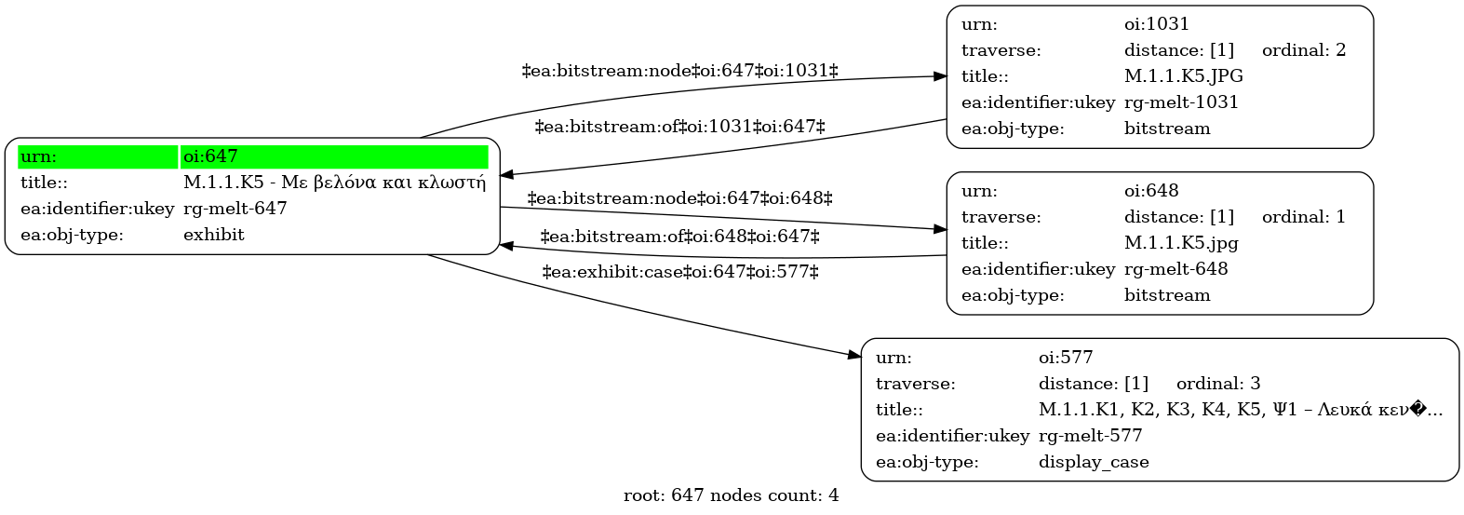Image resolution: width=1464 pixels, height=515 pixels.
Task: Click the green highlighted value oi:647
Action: (x=210, y=156)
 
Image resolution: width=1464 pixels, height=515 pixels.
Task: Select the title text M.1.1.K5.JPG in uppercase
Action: (x=1184, y=76)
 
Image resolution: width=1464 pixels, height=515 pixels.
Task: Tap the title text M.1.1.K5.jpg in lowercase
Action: (x=1181, y=243)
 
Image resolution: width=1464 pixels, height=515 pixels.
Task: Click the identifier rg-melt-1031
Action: (x=1181, y=102)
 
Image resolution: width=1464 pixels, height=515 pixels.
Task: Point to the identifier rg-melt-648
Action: (x=1175, y=269)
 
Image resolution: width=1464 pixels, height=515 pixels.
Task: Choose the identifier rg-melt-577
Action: (x=1090, y=436)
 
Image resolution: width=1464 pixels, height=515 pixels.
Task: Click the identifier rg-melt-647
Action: (x=235, y=209)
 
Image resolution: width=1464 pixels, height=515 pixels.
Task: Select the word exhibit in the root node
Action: (x=214, y=235)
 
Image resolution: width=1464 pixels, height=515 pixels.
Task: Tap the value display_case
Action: (x=1094, y=462)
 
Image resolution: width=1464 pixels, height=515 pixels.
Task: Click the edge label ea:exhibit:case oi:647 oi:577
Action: (x=680, y=272)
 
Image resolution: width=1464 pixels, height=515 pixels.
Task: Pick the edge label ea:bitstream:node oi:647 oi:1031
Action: (x=679, y=71)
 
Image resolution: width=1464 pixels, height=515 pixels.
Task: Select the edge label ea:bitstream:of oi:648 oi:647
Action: (x=680, y=237)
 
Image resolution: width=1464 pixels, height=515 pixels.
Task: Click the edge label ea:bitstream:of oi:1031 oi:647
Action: (x=679, y=127)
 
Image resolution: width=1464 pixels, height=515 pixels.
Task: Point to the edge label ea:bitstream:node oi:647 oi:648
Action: (x=679, y=197)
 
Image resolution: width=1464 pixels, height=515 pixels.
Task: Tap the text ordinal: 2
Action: (x=1304, y=49)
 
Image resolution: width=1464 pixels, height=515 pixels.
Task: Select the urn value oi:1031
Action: (x=1156, y=24)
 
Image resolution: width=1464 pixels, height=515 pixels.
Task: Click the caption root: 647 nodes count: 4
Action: (x=731, y=495)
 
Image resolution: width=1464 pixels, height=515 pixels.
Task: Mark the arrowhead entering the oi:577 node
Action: (x=855, y=356)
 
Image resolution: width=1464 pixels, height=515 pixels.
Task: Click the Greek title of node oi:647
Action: (x=335, y=183)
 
